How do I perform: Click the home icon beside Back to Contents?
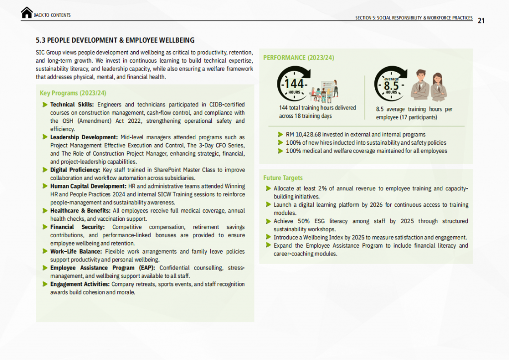[x=27, y=13]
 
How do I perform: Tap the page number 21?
[x=481, y=20]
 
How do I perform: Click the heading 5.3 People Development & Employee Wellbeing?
[x=115, y=40]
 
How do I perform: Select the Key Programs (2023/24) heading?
[x=73, y=93]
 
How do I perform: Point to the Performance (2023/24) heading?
[x=298, y=58]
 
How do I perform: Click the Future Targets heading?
[x=283, y=178]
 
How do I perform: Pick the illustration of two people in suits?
[x=430, y=85]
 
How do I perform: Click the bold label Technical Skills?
[x=72, y=104]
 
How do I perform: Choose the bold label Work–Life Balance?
[x=76, y=252]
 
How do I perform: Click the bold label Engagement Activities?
[x=80, y=284]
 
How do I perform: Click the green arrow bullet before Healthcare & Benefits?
[x=45, y=211]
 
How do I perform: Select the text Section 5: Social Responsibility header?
[x=414, y=18]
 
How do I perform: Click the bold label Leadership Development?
[x=84, y=137]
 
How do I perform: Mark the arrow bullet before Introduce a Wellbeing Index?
[x=268, y=237]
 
